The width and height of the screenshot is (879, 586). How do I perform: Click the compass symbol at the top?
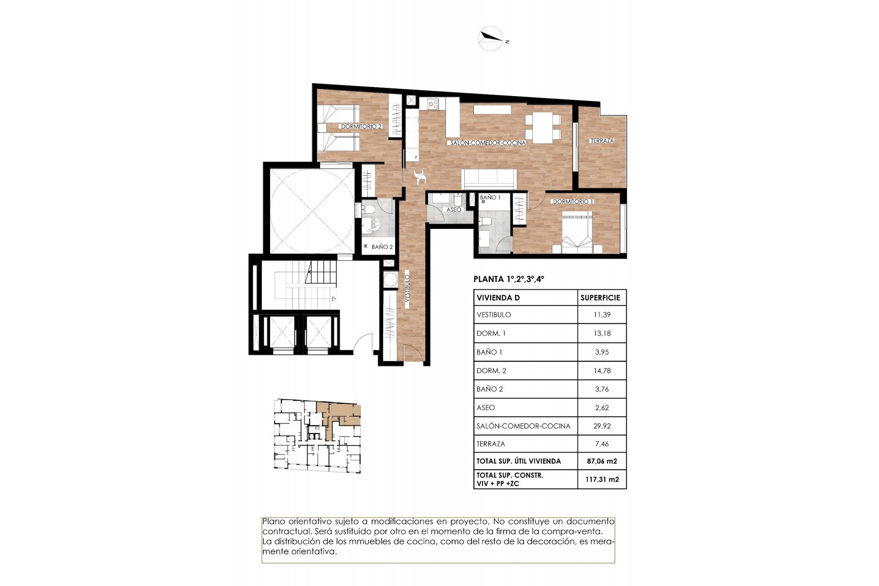pyautogui.click(x=490, y=38)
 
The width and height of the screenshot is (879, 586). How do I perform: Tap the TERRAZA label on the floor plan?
pyautogui.click(x=602, y=141)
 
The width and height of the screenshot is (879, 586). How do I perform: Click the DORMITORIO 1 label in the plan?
pyautogui.click(x=573, y=201)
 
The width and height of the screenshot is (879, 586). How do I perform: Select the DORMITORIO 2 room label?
pyautogui.click(x=361, y=126)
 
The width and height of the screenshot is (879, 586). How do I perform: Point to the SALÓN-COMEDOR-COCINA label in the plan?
pyautogui.click(x=488, y=143)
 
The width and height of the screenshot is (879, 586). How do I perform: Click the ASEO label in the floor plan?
pyautogui.click(x=454, y=210)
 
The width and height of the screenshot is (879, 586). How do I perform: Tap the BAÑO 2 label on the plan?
pyautogui.click(x=382, y=247)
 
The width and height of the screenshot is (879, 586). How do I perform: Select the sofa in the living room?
pyautogui.click(x=489, y=179)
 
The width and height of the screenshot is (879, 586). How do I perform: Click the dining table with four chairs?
pyautogui.click(x=543, y=127)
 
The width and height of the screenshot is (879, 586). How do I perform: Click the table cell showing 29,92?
pyautogui.click(x=602, y=426)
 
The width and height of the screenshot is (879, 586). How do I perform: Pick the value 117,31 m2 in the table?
pyautogui.click(x=602, y=479)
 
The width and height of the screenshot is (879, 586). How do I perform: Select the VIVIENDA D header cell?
pyautogui.click(x=498, y=298)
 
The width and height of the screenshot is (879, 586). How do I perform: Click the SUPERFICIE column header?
pyautogui.click(x=600, y=298)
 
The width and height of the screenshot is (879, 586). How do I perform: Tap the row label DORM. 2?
pyautogui.click(x=491, y=371)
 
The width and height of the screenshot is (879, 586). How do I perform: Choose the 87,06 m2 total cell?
pyautogui.click(x=602, y=461)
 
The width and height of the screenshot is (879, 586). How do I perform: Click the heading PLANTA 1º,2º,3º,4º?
pyautogui.click(x=509, y=279)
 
